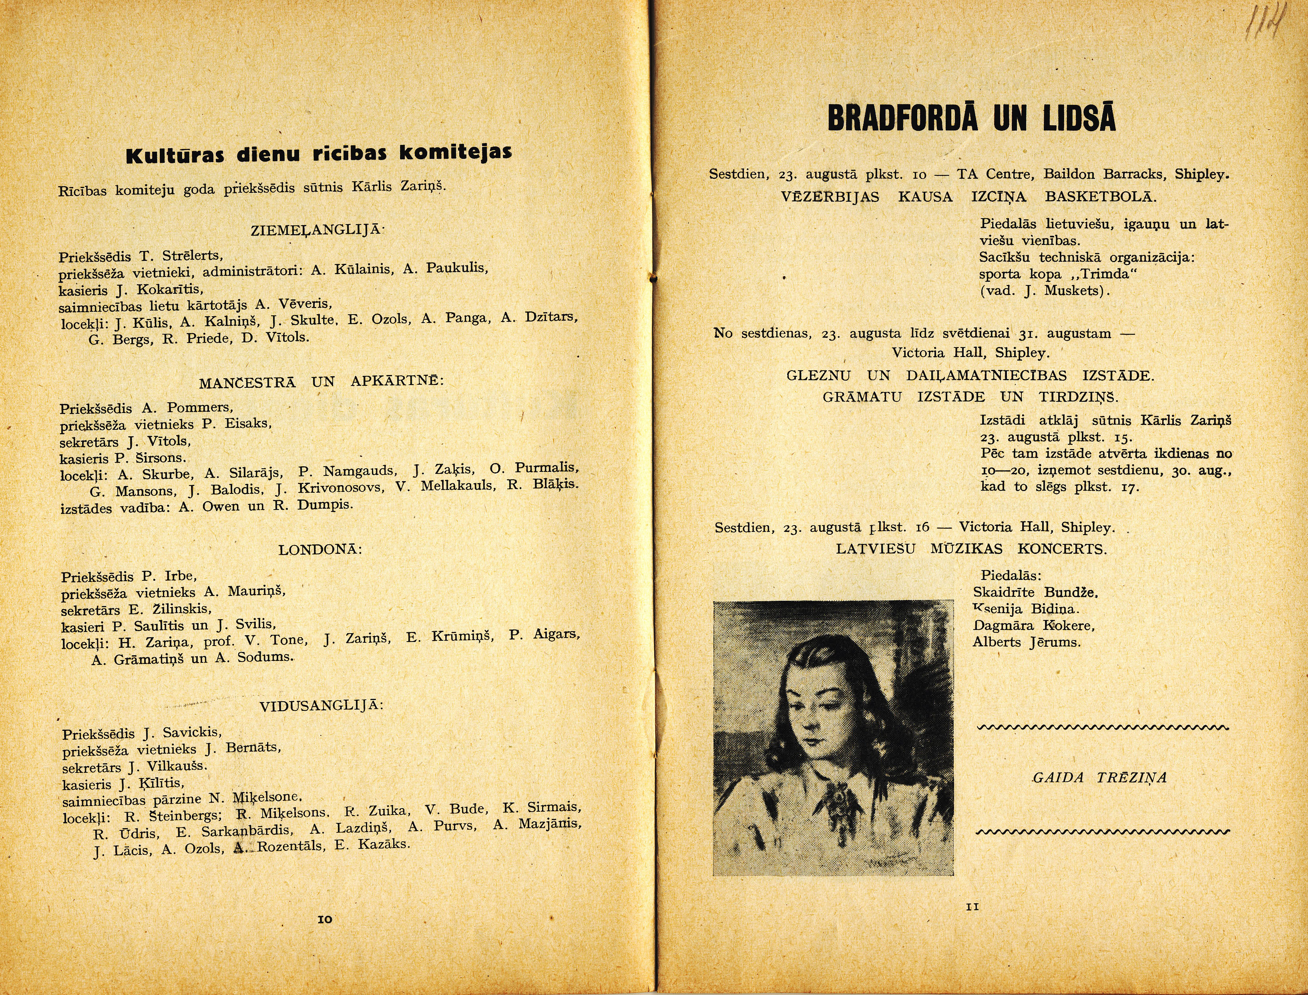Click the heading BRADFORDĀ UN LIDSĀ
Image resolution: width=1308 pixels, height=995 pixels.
972,118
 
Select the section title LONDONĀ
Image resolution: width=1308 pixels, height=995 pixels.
320,550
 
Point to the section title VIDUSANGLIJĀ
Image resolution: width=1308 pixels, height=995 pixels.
321,706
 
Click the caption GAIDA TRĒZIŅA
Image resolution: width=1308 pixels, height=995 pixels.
1099,778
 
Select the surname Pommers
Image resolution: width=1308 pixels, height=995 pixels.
200,407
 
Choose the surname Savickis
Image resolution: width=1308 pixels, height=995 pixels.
192,732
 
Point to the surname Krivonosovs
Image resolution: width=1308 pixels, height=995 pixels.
340,488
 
